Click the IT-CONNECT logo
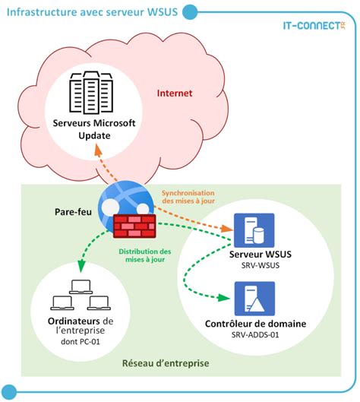(x=314, y=25)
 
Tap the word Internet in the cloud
(x=175, y=93)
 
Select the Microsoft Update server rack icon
(x=91, y=93)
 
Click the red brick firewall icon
(x=134, y=226)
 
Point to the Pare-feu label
(x=73, y=212)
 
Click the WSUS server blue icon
(x=254, y=230)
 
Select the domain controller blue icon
(x=254, y=299)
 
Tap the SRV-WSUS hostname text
(x=261, y=265)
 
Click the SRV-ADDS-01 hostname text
(x=255, y=335)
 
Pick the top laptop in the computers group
(x=81, y=287)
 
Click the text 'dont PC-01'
(x=81, y=341)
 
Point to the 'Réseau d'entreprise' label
(x=166, y=363)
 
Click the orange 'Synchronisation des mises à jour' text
(x=188, y=197)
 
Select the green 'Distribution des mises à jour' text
(x=145, y=255)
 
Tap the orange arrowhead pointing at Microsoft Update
(x=98, y=149)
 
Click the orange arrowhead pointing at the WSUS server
(x=226, y=228)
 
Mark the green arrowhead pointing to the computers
(x=81, y=266)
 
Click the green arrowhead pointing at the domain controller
(x=224, y=298)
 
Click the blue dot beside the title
(x=190, y=12)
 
